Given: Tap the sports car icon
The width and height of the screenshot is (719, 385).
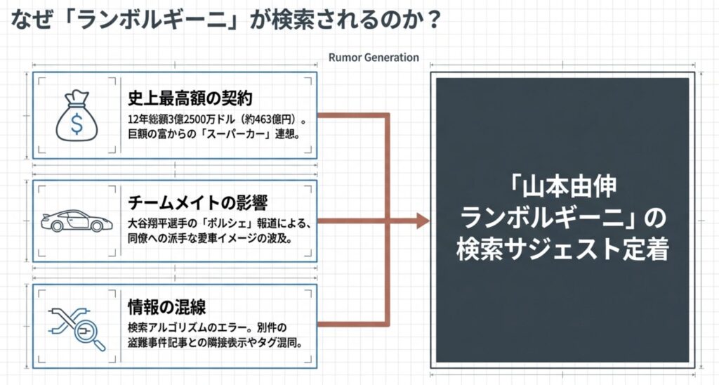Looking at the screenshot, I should [x=75, y=221].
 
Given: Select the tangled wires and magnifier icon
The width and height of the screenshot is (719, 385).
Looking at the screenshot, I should [x=75, y=327].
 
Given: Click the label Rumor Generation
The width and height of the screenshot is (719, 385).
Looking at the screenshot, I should [x=373, y=58].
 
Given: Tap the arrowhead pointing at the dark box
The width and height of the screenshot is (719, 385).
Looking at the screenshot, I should [x=423, y=221].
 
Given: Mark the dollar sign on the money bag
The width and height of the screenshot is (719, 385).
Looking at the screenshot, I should [x=74, y=121].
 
